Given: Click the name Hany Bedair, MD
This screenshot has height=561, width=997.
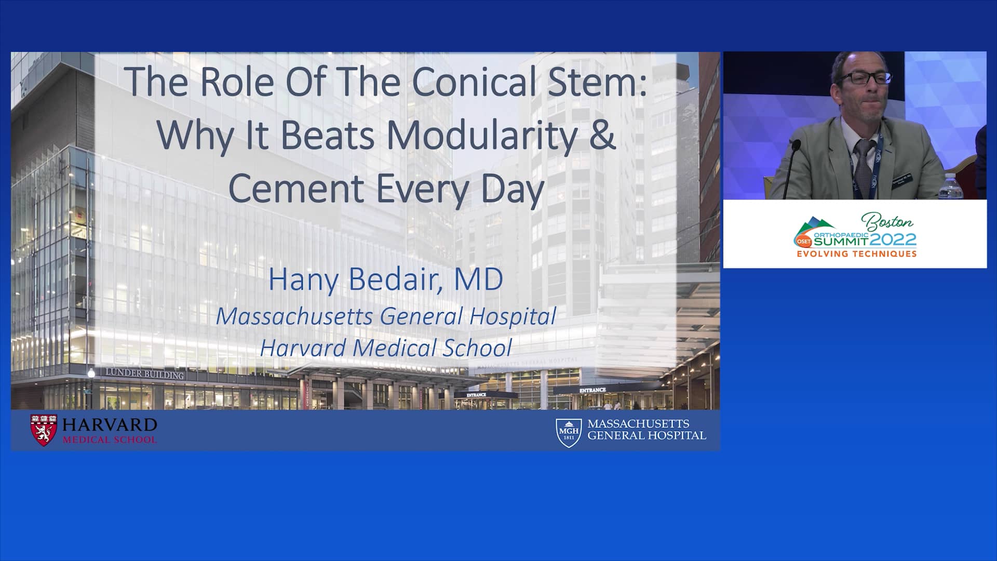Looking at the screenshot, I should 385,279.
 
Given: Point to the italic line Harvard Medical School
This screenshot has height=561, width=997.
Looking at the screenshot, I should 386,348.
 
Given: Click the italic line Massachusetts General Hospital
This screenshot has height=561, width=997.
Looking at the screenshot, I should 386,316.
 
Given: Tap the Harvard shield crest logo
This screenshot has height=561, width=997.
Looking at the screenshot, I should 44,431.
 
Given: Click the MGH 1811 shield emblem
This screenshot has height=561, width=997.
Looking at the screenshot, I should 568,433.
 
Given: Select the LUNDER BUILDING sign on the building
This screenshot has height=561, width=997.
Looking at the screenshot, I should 145,373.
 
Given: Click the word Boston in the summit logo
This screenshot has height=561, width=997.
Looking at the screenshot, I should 887,222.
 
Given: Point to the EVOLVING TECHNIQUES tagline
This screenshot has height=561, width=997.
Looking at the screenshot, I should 856,254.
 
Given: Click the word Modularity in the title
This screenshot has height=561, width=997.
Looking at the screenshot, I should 482,135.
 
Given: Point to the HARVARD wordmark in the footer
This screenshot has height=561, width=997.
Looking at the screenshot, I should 110,425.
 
